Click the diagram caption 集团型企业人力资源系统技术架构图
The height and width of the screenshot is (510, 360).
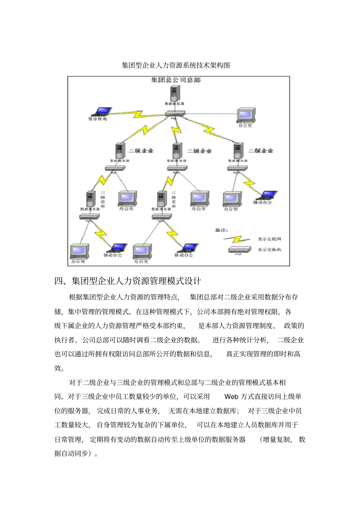(176, 65)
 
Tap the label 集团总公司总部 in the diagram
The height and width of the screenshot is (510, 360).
(176, 80)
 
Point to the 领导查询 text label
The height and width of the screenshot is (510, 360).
(97, 119)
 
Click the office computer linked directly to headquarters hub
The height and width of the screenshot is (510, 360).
(245, 115)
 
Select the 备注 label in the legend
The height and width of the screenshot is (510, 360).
(221, 230)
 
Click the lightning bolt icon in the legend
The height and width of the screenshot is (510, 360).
(237, 240)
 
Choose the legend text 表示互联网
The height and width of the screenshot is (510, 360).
(269, 239)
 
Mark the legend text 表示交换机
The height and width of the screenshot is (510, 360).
(269, 250)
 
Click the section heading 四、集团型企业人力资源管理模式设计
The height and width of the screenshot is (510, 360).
(128, 281)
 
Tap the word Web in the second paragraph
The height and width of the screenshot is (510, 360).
(231, 397)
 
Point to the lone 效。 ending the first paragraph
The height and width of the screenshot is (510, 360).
(59, 368)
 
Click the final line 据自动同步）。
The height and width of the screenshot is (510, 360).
(76, 454)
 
